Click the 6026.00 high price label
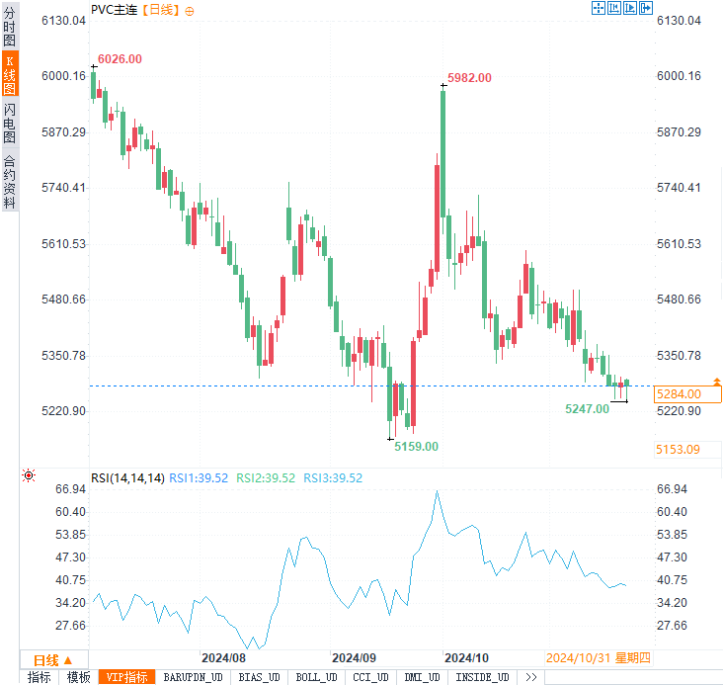[x=120, y=59]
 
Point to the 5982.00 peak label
[x=469, y=77]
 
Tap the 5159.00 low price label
[x=416, y=447]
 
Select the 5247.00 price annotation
[x=587, y=408]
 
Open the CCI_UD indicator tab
[x=370, y=677]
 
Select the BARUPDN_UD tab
[x=193, y=677]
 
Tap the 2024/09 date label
[x=355, y=657]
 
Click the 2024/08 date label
[x=222, y=657]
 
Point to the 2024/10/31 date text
[x=576, y=657]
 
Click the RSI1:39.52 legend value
[x=199, y=478]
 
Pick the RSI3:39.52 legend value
[x=333, y=478]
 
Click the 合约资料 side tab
[x=10, y=182]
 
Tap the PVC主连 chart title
[x=115, y=9]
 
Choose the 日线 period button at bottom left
[x=53, y=659]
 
